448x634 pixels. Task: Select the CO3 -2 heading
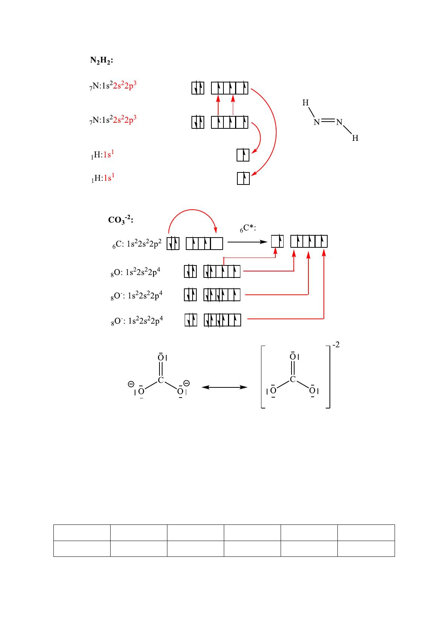[120, 219]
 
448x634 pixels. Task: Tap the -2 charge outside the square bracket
[336, 344]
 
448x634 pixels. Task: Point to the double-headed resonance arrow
[225, 387]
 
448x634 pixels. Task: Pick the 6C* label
[248, 228]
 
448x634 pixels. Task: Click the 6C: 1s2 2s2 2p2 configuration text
[137, 244]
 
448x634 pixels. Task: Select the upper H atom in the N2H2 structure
[306, 103]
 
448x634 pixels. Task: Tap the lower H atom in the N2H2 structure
[355, 139]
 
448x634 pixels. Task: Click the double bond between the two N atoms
[328, 121]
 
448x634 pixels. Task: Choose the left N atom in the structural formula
[317, 122]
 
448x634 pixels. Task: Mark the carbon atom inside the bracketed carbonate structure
[293, 379]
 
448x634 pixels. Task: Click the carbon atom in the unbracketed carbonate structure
[161, 380]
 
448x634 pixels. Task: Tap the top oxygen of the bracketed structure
[292, 357]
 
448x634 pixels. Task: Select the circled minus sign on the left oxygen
[131, 384]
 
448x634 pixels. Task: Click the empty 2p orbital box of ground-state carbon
[216, 244]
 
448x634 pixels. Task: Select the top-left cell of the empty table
[82, 532]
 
